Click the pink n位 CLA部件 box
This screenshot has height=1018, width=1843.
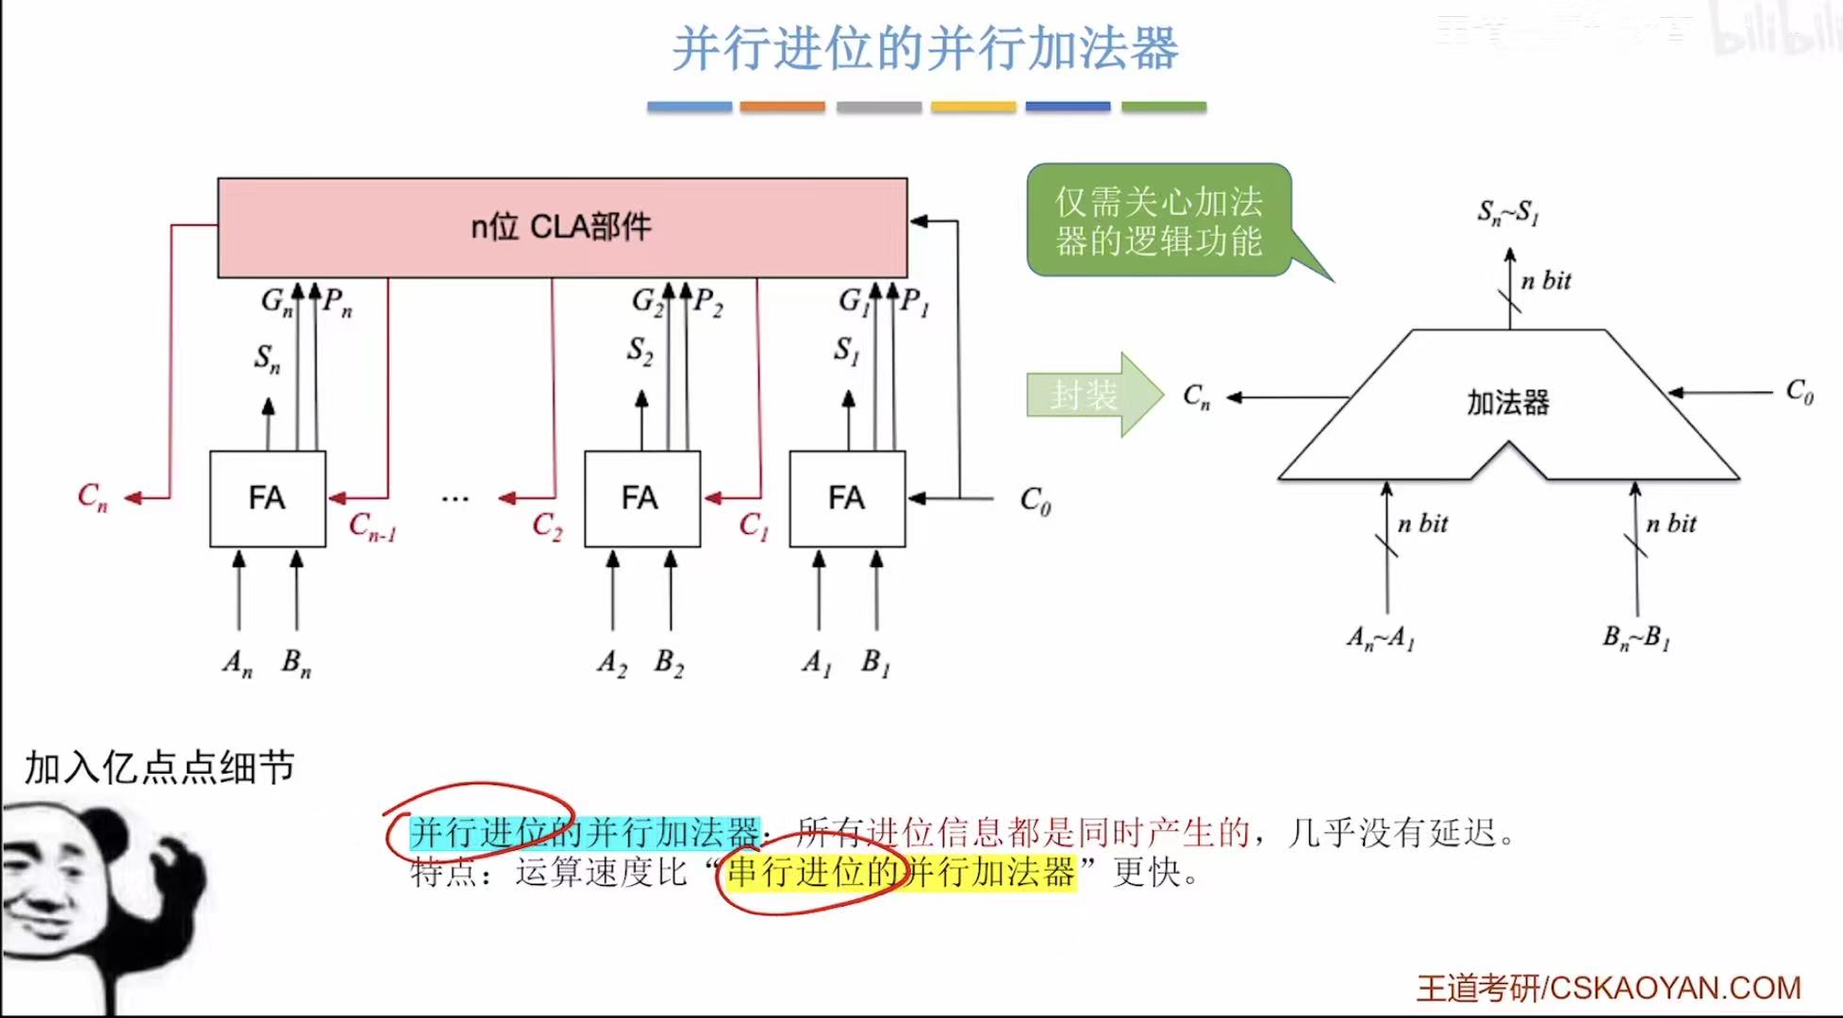coord(562,227)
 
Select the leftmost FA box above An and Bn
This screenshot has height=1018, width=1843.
coord(267,498)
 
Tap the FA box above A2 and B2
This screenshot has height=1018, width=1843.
coord(641,498)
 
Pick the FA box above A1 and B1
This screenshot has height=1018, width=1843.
coord(846,498)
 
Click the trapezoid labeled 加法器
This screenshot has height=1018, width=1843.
coord(1507,404)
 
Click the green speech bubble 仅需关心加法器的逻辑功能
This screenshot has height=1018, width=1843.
coord(1158,221)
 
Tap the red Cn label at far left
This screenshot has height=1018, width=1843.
coord(92,496)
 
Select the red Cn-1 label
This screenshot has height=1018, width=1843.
coord(372,526)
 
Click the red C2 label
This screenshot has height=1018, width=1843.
coord(547,526)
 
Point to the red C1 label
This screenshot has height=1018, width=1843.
coord(754,526)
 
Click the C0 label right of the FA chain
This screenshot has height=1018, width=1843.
coord(1035,500)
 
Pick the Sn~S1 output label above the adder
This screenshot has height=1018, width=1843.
coord(1508,213)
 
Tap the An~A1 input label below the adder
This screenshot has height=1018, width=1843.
coord(1381,639)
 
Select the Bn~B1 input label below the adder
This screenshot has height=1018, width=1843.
coord(1636,638)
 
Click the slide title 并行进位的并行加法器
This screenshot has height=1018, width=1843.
coord(925,48)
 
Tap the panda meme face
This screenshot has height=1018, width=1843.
coord(94,896)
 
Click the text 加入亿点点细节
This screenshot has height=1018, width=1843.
coord(159,768)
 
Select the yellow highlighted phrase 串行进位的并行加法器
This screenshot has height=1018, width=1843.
coord(901,872)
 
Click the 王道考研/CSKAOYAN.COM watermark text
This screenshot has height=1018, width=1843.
coord(1608,988)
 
